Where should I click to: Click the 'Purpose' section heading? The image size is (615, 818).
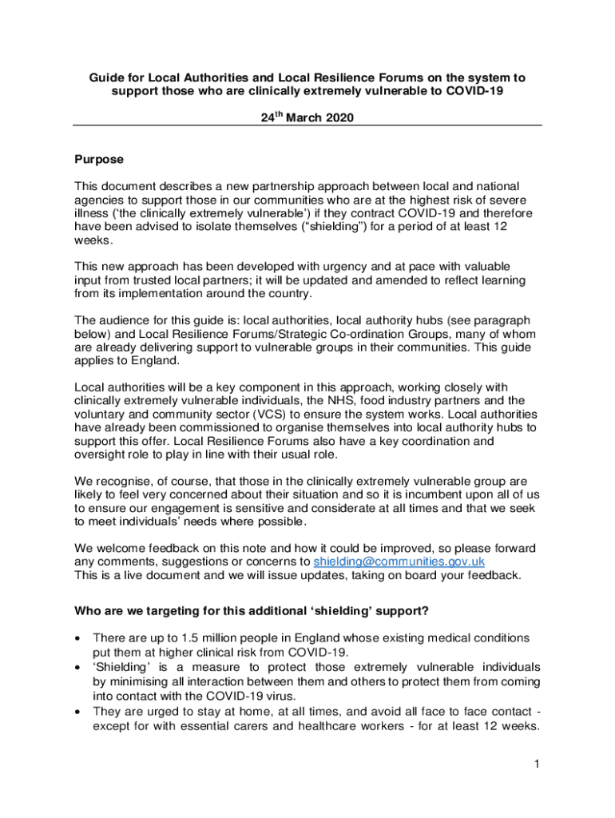coord(99,160)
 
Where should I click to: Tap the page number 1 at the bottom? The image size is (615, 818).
coord(538,764)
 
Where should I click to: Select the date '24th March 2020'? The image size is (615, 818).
coord(307,117)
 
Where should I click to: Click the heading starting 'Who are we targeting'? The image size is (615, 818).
coord(252,612)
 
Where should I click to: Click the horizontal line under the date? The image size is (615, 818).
coord(307,126)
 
